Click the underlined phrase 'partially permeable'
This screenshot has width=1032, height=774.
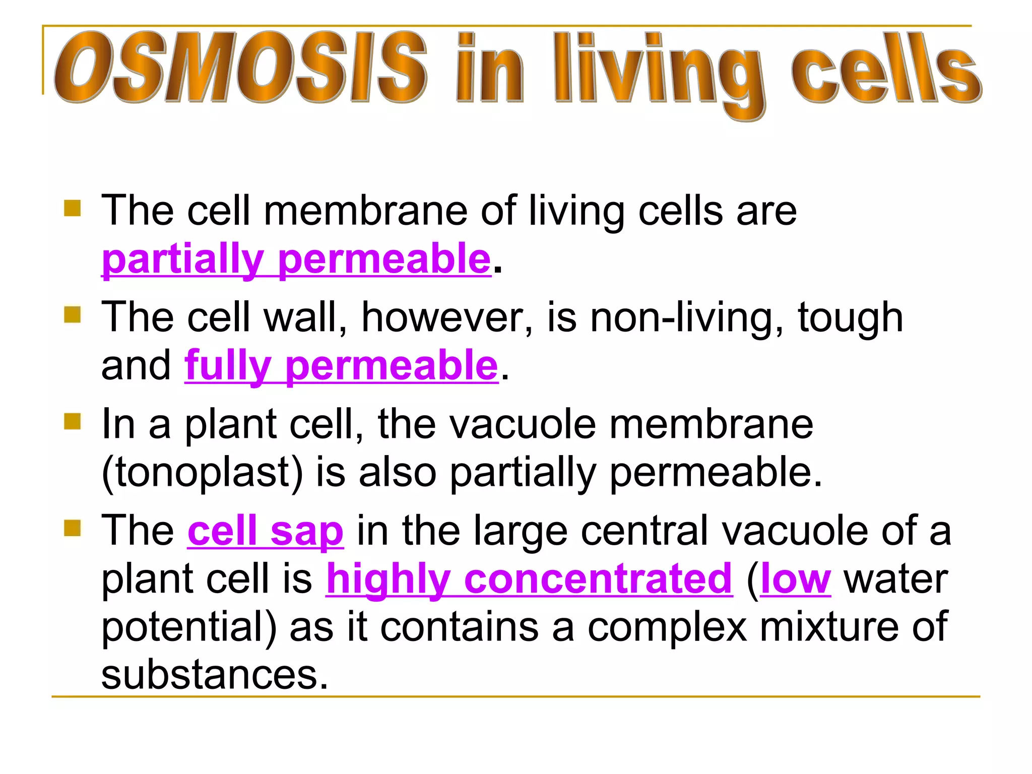coord(296,260)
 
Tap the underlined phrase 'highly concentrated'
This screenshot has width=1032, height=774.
coord(529,579)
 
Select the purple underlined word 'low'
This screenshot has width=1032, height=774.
coord(795,579)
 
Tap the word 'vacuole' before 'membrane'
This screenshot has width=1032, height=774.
coord(522,424)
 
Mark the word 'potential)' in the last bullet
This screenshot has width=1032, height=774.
coord(189,627)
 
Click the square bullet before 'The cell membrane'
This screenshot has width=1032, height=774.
coord(73,208)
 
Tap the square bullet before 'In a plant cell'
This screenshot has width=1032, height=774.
coord(73,421)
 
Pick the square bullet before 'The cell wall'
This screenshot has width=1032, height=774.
coord(73,315)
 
